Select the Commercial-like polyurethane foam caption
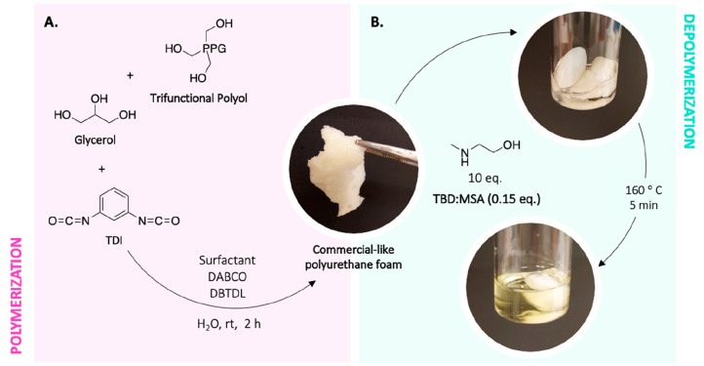(x=341, y=257)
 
